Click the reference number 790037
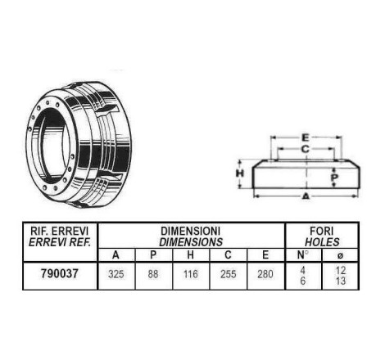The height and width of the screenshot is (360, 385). pyautogui.click(x=60, y=273)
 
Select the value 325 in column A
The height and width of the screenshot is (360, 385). pyautogui.click(x=116, y=274)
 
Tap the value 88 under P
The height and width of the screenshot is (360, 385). pyautogui.click(x=153, y=274)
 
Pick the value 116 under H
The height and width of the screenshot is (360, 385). pyautogui.click(x=190, y=274)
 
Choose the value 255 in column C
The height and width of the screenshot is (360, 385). pyautogui.click(x=228, y=274)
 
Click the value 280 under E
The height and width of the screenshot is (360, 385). pyautogui.click(x=265, y=274)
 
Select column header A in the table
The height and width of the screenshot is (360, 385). pyautogui.click(x=115, y=255)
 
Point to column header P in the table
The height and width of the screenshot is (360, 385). pyautogui.click(x=153, y=255)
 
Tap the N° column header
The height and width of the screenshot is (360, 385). pyautogui.click(x=302, y=255)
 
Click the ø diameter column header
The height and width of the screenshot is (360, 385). pyautogui.click(x=340, y=255)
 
